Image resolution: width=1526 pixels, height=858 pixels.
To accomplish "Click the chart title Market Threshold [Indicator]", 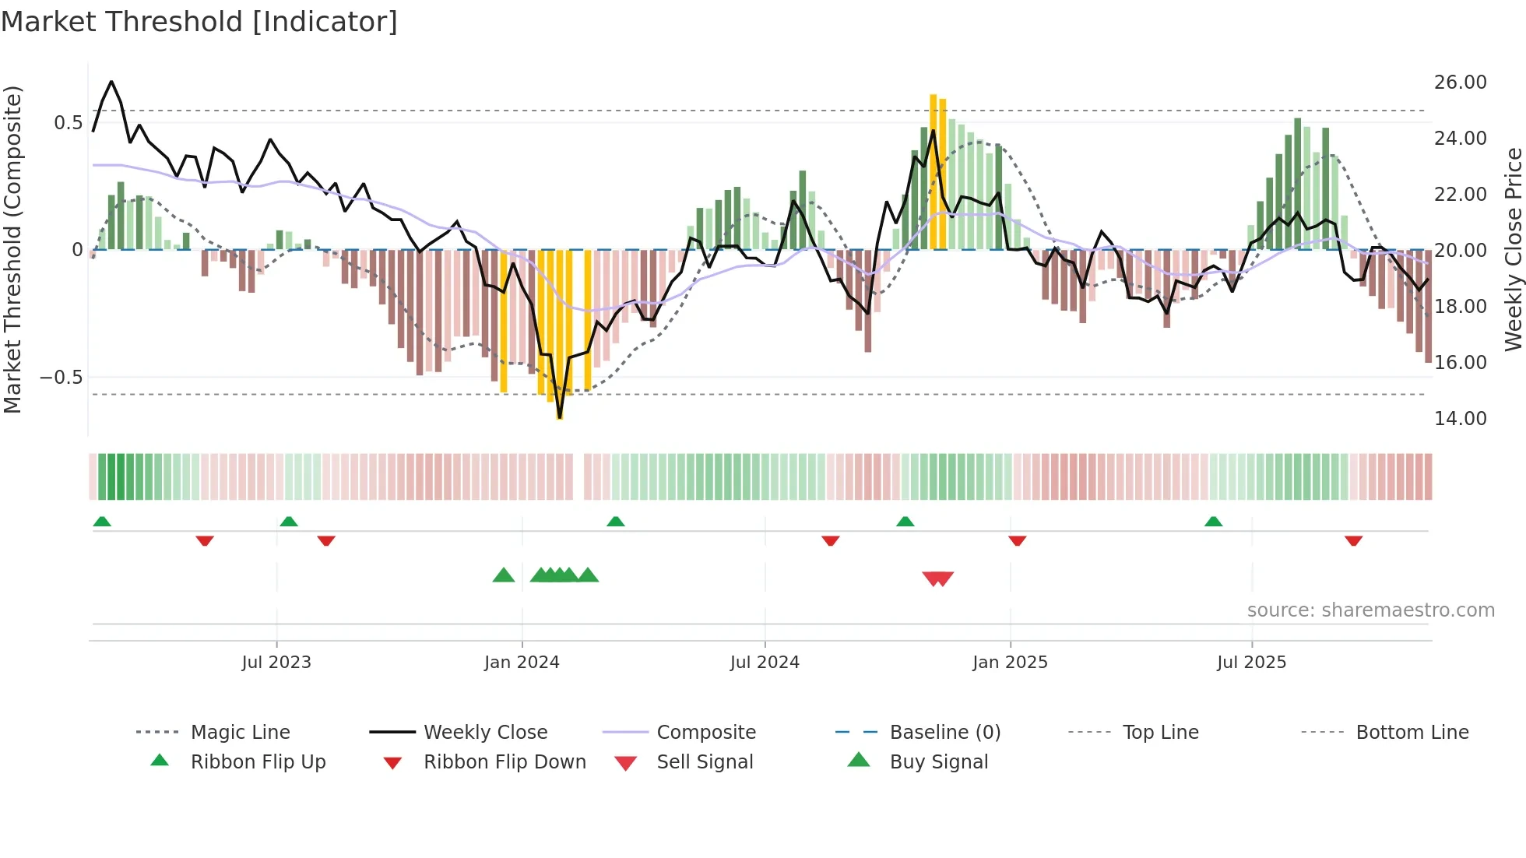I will [x=199, y=22].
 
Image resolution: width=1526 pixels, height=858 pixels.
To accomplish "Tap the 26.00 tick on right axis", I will [x=1460, y=83].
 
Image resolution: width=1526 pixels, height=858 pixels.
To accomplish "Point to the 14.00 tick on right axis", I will [x=1460, y=419].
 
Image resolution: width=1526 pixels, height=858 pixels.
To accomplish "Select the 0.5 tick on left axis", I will [x=68, y=123].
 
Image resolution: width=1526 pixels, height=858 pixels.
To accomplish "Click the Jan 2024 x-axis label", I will [x=522, y=663].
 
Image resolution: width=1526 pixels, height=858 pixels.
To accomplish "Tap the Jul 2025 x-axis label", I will [x=1251, y=663].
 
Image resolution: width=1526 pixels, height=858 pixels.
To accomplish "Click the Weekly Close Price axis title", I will [x=1513, y=249].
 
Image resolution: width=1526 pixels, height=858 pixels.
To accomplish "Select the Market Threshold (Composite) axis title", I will [x=12, y=249].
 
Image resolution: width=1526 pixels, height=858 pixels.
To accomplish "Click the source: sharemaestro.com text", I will [x=1370, y=610].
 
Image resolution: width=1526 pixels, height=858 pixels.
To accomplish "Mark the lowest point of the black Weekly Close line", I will [x=560, y=418].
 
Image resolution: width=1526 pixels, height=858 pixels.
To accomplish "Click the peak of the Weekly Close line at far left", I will [x=111, y=81].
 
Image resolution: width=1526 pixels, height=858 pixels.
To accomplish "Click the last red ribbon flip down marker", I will [x=1353, y=540].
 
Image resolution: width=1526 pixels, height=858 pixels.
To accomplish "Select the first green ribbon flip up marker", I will [x=102, y=521].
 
